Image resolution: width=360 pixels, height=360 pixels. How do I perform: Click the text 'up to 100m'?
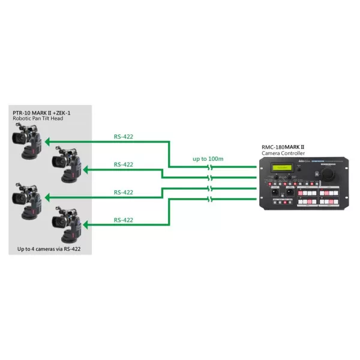click(x=208, y=158)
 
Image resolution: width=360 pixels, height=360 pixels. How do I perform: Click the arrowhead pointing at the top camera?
click(x=46, y=142)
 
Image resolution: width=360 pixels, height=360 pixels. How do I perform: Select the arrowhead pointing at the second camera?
click(x=85, y=170)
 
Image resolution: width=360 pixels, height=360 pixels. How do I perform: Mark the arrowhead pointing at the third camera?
click(x=46, y=198)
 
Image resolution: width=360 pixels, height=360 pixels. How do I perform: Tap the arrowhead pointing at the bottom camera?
click(x=85, y=226)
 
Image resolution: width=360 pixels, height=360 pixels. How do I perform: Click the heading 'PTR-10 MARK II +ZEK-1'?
click(x=40, y=112)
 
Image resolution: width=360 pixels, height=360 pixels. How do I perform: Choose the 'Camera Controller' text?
click(x=284, y=154)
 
